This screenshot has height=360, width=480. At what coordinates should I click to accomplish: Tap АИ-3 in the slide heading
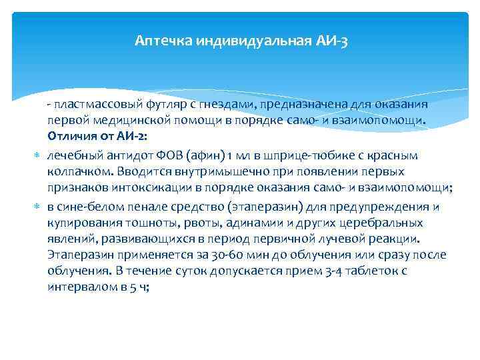[331, 41]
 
